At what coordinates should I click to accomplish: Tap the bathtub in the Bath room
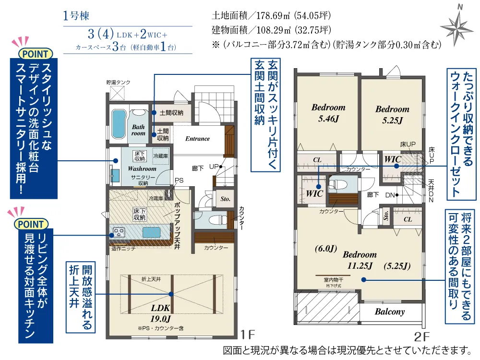pyautogui.click(x=119, y=124)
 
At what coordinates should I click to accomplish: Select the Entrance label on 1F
pyautogui.click(x=197, y=139)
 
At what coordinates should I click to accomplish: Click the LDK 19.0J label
pyautogui.click(x=160, y=313)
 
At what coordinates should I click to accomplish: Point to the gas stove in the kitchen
pyautogui.click(x=119, y=232)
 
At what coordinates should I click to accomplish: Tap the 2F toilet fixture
pyautogui.click(x=338, y=184)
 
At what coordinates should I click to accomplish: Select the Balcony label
pyautogui.click(x=390, y=312)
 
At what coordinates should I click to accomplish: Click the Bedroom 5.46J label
pyautogui.click(x=328, y=113)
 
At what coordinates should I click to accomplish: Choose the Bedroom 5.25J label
pyautogui.click(x=392, y=115)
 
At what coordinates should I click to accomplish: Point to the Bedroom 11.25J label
pyautogui.click(x=360, y=260)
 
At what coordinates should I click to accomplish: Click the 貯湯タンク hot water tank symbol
pyautogui.click(x=117, y=93)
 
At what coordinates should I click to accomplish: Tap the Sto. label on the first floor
pyautogui.click(x=225, y=199)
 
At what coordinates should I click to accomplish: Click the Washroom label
pyautogui.click(x=142, y=168)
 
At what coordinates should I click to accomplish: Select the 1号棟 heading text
pyautogui.click(x=76, y=16)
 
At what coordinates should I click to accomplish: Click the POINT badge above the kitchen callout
pyautogui.click(x=31, y=224)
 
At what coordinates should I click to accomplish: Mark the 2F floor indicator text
pyautogui.click(x=422, y=337)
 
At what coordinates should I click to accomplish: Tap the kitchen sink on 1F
pyautogui.click(x=151, y=233)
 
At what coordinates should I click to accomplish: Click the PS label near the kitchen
pyautogui.click(x=179, y=180)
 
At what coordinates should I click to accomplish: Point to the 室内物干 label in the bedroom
pyautogui.click(x=333, y=280)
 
